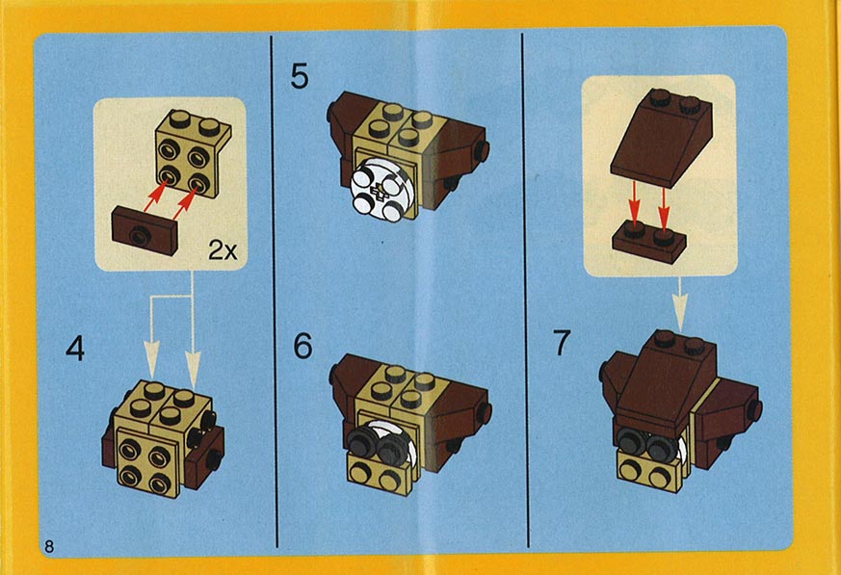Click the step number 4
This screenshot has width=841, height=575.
click(75, 349)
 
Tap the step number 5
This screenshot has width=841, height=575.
click(300, 76)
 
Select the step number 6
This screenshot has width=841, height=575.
click(302, 346)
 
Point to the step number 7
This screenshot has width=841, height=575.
click(562, 343)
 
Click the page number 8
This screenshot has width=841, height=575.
click(49, 546)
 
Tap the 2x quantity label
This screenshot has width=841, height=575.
click(223, 250)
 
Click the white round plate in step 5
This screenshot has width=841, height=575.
click(379, 191)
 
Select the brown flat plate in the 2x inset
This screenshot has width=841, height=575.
click(144, 230)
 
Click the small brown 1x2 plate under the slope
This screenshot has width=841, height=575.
click(649, 242)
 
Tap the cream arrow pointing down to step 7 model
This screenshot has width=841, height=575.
click(680, 304)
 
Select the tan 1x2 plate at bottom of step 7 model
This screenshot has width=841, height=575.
click(650, 471)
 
